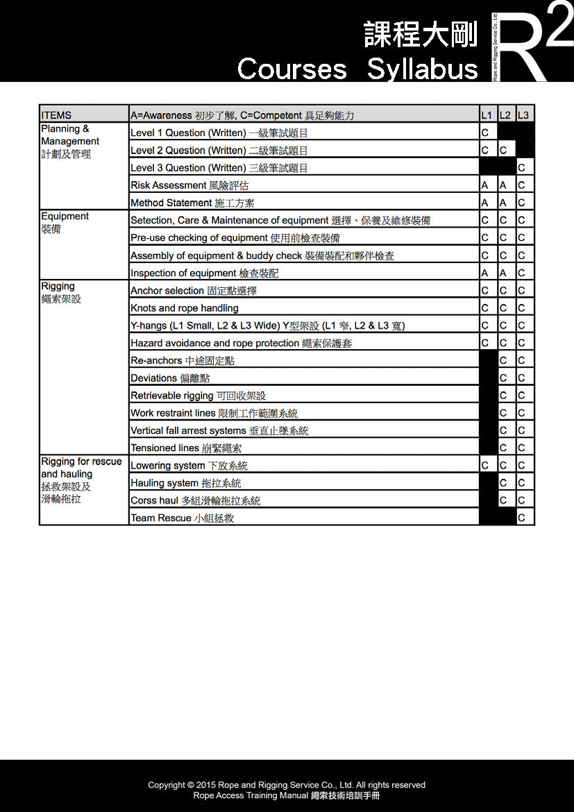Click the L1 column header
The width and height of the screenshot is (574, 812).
[x=487, y=115]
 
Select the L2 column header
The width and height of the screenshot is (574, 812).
[x=505, y=115]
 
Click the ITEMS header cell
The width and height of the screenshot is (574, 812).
[x=56, y=115]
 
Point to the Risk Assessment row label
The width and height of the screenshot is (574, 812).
[x=189, y=185]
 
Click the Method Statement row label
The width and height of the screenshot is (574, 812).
[x=192, y=203]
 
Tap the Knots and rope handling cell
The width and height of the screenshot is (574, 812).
[x=185, y=308]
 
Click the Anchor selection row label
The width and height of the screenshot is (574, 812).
[x=194, y=291]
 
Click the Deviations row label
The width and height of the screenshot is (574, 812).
[x=170, y=378]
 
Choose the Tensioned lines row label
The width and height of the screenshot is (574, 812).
[x=186, y=448]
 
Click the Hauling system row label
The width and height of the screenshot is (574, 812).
[x=186, y=483]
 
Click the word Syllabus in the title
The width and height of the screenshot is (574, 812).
[x=422, y=69]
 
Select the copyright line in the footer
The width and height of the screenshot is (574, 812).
[x=287, y=785]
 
